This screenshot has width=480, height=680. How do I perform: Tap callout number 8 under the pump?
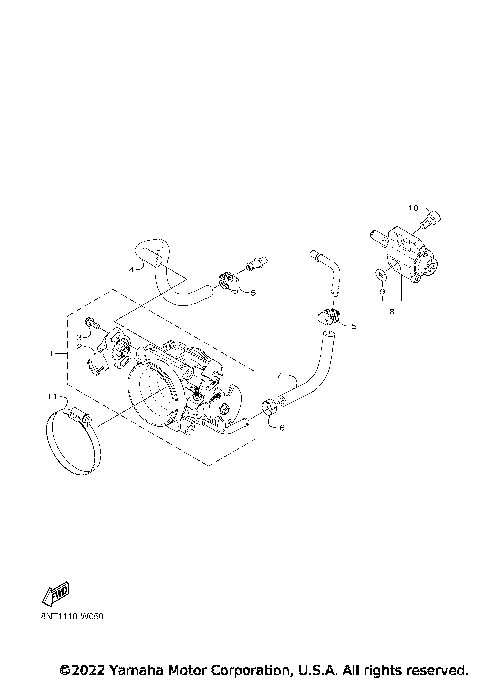click(391, 311)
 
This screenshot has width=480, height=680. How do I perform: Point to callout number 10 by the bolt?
click(410, 208)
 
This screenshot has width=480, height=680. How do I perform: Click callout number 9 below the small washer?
click(381, 296)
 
